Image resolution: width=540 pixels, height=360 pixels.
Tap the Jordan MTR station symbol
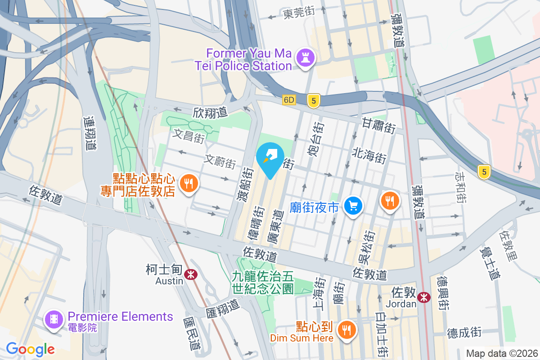pyautogui.click(x=423, y=297)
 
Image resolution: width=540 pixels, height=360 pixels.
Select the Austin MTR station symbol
pyautogui.click(x=191, y=274)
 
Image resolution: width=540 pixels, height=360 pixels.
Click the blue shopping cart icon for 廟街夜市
pyautogui.click(x=353, y=206)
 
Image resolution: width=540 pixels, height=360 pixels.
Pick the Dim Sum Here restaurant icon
pyautogui.click(x=346, y=330)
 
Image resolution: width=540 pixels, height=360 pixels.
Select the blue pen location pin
pyautogui.click(x=270, y=159)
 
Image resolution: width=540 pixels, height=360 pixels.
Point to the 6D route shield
pyautogui.click(x=289, y=100)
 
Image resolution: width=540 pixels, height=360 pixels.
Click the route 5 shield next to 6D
pyautogui.click(x=314, y=100)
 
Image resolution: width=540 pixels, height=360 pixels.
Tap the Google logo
pyautogui.click(x=30, y=349)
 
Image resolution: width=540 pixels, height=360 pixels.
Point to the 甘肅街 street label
pyautogui.click(x=378, y=126)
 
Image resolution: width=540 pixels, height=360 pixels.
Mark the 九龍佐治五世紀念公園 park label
pyautogui.click(x=263, y=282)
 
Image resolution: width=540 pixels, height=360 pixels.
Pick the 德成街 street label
pyautogui.click(x=464, y=333)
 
